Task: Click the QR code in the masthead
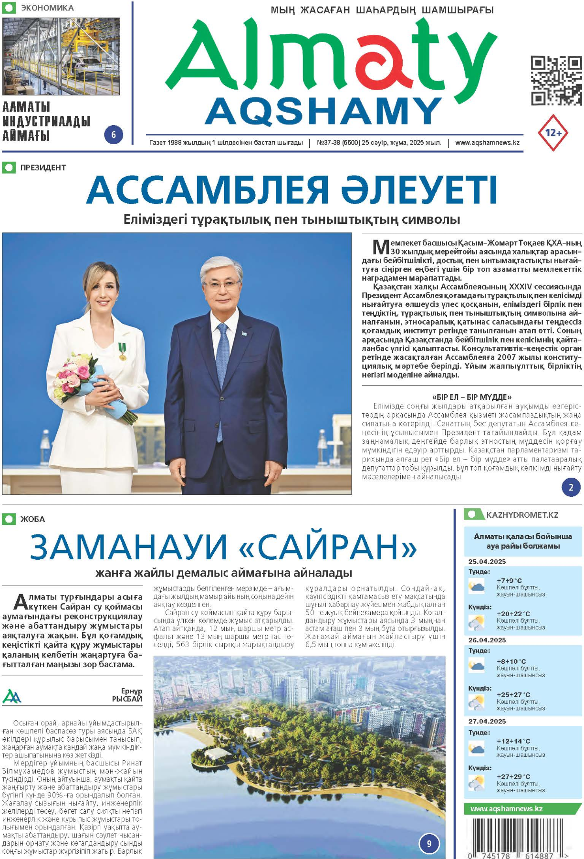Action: point(556,81)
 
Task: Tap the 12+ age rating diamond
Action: point(553,133)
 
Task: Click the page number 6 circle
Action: point(114,135)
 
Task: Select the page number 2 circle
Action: point(571,487)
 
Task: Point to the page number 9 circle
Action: point(429,843)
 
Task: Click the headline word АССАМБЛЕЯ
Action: point(208,190)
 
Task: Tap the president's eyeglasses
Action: point(221,285)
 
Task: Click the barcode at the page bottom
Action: point(518,838)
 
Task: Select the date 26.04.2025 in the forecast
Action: point(487,640)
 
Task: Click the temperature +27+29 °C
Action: point(513,776)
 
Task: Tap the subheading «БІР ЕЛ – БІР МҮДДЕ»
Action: point(471,397)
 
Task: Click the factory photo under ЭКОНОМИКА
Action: point(61,56)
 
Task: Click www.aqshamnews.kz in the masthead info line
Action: point(487,143)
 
